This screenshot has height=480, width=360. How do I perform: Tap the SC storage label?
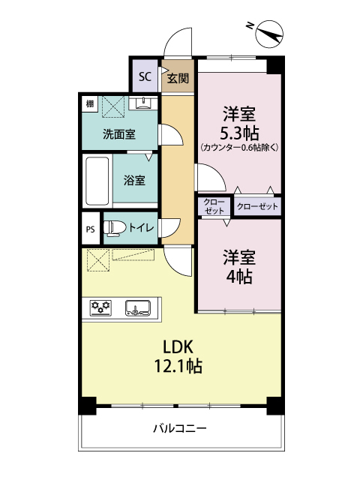click(145, 76)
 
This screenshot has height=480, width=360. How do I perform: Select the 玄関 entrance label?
click(178, 77)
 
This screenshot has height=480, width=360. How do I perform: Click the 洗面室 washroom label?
click(119, 135)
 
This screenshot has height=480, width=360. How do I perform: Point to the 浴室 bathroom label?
click(134, 180)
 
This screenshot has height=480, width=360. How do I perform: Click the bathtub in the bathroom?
click(95, 181)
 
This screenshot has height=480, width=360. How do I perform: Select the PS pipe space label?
click(90, 229)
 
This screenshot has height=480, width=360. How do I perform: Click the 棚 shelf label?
click(90, 103)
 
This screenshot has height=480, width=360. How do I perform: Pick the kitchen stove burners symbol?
click(101, 307)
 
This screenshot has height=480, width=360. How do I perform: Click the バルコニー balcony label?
click(180, 428)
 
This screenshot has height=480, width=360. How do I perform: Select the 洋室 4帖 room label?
click(239, 266)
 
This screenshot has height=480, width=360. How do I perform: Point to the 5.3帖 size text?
click(239, 133)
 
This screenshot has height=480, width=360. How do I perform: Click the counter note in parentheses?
click(239, 148)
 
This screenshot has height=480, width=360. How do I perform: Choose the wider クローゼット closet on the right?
click(258, 205)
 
